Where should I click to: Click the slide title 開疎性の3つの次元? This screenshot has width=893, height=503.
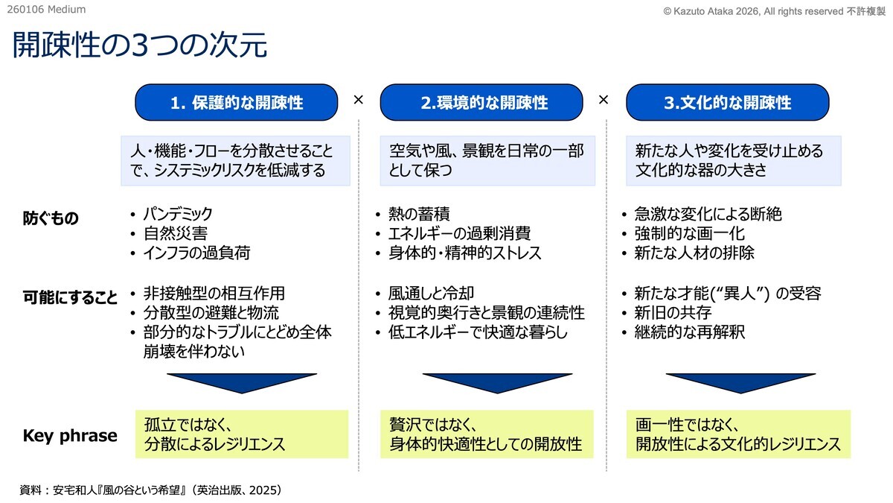140,44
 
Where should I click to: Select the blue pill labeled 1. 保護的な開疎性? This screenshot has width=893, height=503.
237,102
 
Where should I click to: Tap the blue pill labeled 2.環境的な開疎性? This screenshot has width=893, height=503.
481,102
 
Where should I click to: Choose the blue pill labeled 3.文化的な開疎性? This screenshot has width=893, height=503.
728,102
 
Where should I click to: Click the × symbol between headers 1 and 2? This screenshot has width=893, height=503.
359,99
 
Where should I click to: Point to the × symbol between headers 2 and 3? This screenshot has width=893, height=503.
604,99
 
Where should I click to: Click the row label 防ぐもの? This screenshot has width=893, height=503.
51,218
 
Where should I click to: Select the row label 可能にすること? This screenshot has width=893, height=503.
70,297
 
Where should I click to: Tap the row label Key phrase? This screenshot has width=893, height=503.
70,435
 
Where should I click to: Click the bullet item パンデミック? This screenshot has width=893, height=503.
178,214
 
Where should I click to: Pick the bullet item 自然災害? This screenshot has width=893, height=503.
176,233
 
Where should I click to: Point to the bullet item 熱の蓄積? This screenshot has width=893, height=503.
419,214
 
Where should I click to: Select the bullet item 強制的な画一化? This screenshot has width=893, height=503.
690,233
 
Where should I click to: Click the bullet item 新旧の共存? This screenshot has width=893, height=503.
673,312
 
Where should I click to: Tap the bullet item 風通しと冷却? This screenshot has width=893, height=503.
431,293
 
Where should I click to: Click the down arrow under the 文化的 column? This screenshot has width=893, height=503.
740,383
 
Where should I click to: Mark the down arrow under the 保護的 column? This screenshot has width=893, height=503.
242,383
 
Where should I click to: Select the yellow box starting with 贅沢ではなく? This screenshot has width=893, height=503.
487,434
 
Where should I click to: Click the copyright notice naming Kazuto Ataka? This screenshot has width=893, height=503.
774,11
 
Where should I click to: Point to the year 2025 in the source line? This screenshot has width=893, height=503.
263,490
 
